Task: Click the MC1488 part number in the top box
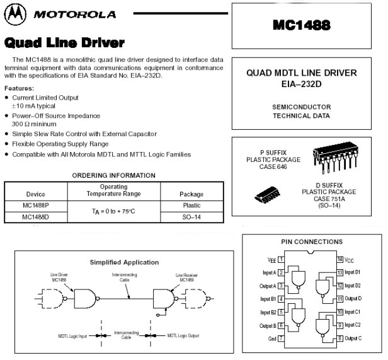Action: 307,26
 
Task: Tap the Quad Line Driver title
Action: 64,43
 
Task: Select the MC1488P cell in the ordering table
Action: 36,205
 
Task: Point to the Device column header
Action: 36,194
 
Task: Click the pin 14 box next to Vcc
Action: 340,259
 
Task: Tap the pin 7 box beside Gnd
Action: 281,339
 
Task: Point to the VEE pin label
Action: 271,259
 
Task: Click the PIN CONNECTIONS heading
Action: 311,241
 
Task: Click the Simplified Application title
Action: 124,262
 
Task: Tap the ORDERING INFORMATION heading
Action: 114,175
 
